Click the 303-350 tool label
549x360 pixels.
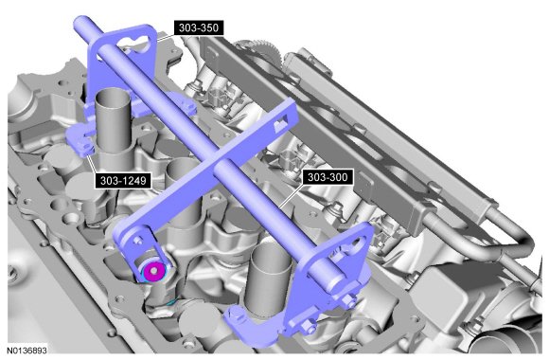199,27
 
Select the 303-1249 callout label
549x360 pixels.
123,180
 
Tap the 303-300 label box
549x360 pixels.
328,177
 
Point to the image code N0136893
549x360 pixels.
27,351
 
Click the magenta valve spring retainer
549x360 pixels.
153,270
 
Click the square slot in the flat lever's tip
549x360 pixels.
281,124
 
